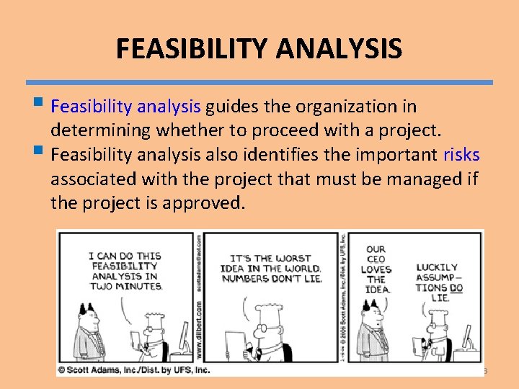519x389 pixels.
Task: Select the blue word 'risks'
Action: (x=461, y=155)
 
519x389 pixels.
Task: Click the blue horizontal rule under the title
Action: (x=259, y=83)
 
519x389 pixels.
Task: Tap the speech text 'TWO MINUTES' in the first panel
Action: (x=125, y=285)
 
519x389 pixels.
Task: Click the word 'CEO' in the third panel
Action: (x=376, y=259)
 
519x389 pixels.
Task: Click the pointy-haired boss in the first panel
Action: (x=92, y=335)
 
